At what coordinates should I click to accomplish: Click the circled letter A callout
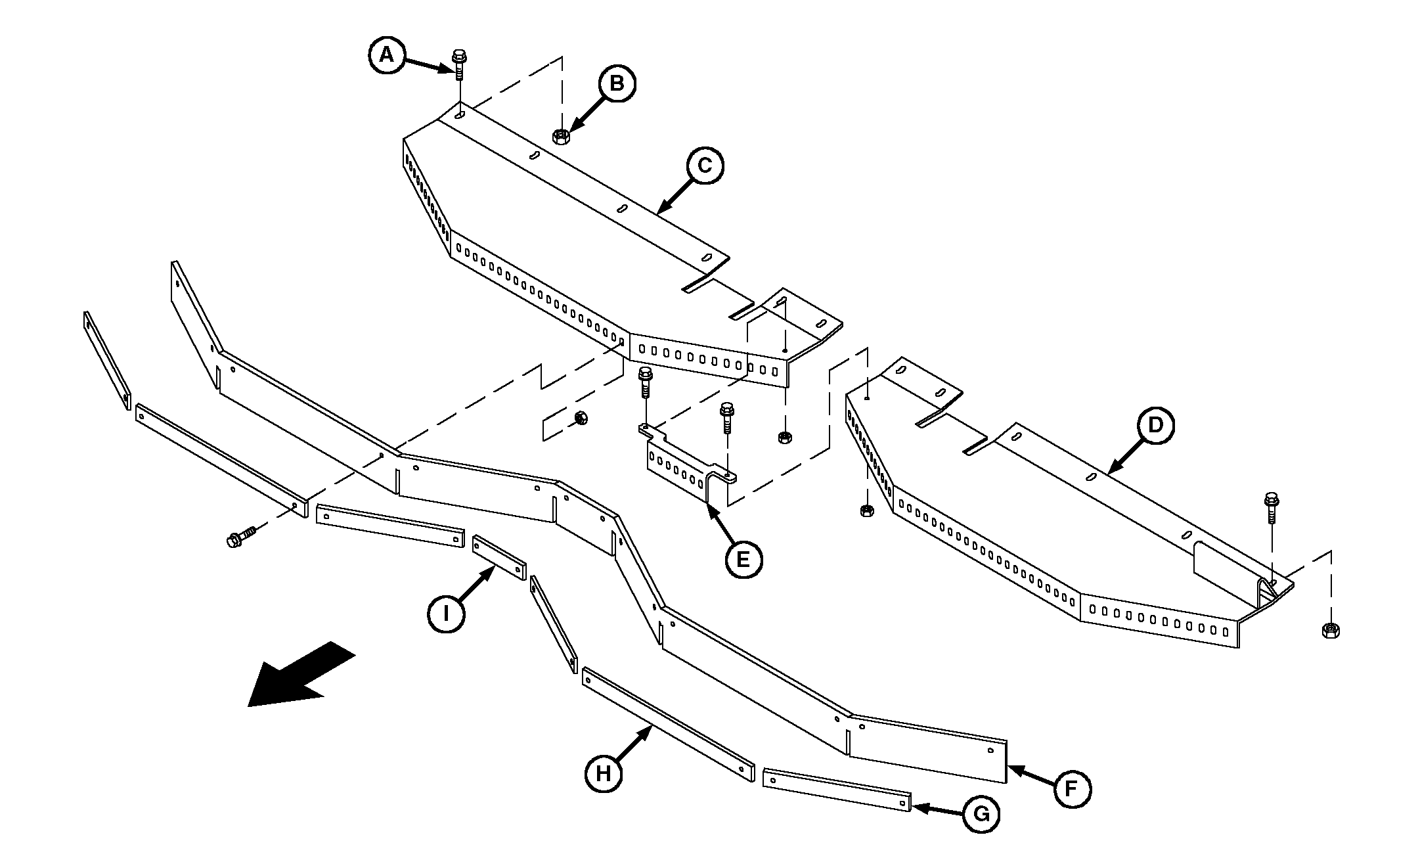(x=387, y=55)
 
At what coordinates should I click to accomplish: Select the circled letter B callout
(x=617, y=83)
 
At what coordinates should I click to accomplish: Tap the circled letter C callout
(x=705, y=166)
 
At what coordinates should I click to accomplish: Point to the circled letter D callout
(x=1155, y=425)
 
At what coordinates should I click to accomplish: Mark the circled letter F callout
(x=1071, y=788)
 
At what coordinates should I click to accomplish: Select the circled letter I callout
(x=446, y=614)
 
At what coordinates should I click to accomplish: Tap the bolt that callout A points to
(x=459, y=64)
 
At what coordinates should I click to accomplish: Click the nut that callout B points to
(x=560, y=136)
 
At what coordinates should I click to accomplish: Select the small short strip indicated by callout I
(x=500, y=557)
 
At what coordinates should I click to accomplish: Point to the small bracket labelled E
(x=683, y=463)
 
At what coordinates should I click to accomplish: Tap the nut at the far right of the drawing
(x=1330, y=630)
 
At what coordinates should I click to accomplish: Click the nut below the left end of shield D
(x=866, y=510)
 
